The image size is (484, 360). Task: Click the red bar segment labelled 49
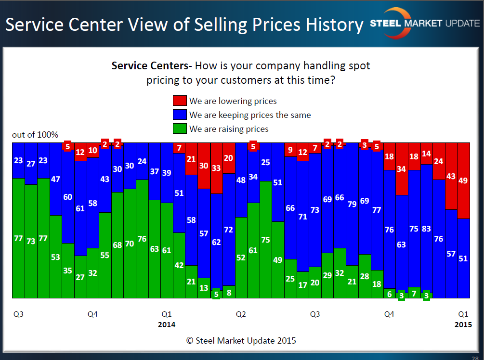click(x=463, y=180)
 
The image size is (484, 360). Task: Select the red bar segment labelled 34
click(x=402, y=169)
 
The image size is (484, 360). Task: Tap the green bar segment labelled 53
click(x=56, y=257)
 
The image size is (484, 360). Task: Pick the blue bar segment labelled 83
click(x=426, y=229)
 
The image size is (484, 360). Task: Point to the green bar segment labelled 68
click(x=118, y=245)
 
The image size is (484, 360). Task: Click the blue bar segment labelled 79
click(x=352, y=204)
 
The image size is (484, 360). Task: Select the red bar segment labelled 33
click(x=216, y=168)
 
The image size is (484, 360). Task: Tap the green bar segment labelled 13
click(x=204, y=288)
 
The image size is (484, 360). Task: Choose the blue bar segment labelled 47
click(x=56, y=179)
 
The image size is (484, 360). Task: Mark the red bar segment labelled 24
click(x=439, y=161)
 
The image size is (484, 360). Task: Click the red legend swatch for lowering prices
click(x=179, y=101)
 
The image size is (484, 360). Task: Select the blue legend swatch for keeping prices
click(x=179, y=115)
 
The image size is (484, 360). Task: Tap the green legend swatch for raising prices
click(x=179, y=129)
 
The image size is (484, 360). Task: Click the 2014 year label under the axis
click(x=167, y=324)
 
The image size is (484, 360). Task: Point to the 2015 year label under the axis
click(x=463, y=324)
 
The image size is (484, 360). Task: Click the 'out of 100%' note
click(x=35, y=135)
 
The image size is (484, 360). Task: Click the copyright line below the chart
click(x=241, y=341)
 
